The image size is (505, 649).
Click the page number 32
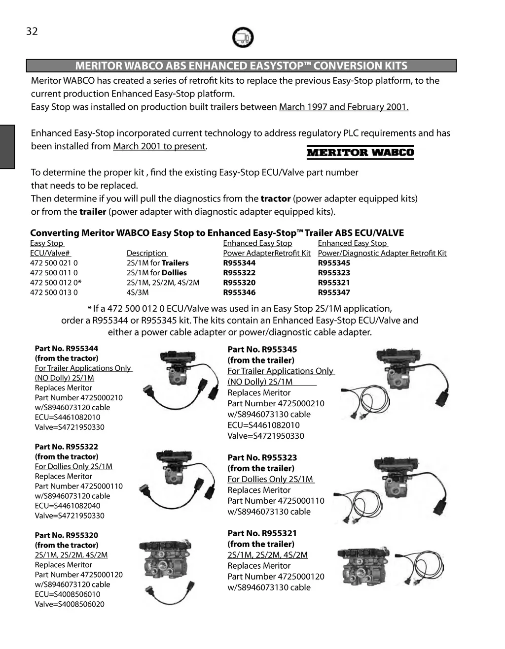32,32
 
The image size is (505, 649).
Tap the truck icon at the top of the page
243,37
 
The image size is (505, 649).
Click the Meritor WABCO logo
360,152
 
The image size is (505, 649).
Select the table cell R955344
239,263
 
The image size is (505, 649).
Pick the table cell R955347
334,292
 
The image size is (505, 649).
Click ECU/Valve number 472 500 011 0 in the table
54,273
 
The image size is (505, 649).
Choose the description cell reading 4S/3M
138,292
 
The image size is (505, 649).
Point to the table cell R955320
239,283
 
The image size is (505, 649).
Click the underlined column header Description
146,253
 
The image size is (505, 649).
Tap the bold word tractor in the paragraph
275,199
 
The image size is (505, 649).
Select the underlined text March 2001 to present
159,146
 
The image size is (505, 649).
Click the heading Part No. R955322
66,447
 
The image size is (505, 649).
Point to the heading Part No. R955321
262,533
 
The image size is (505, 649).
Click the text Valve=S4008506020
70,604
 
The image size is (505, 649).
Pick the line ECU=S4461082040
68,506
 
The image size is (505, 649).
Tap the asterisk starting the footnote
90,309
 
